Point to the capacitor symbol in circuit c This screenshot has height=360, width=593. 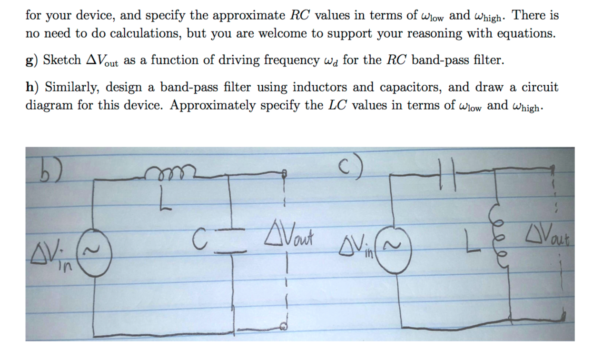point(447,173)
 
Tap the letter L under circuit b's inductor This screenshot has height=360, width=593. point(165,198)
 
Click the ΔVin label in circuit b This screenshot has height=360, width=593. point(52,256)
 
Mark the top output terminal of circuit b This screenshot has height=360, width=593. point(284,174)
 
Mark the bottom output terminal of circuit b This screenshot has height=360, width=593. point(283,327)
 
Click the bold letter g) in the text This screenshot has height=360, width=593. point(32,60)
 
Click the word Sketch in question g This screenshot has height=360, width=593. point(62,60)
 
